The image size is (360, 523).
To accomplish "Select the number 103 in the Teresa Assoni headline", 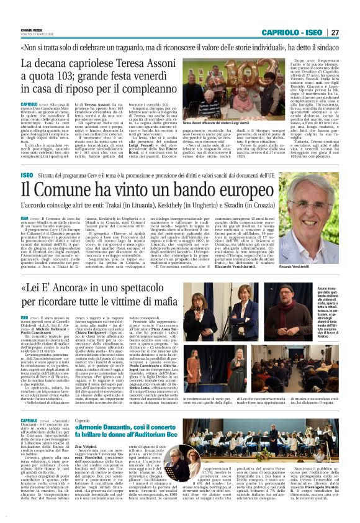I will point(64,78).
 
